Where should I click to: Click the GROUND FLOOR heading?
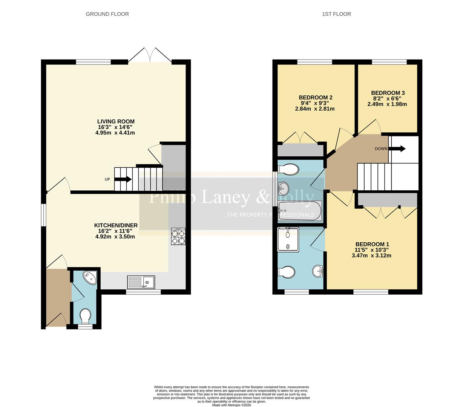[107, 14]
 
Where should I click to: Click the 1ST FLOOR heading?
[336, 14]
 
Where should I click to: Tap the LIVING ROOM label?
[116, 121]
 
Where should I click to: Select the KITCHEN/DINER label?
[116, 225]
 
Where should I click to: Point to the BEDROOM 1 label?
[372, 244]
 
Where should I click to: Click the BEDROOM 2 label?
[315, 98]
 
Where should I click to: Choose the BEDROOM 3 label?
[388, 93]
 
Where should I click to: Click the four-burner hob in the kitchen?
[178, 236]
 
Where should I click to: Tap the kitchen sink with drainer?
[141, 282]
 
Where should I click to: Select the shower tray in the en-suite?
[288, 239]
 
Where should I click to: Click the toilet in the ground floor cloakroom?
[85, 316]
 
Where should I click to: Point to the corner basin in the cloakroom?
[91, 277]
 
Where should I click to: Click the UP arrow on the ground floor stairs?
[123, 179]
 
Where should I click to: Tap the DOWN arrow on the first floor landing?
[397, 148]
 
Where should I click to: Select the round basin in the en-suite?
[318, 271]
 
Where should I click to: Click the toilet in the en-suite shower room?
[287, 272]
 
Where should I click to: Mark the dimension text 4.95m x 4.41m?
[115, 133]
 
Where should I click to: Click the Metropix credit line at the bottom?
[231, 405]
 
